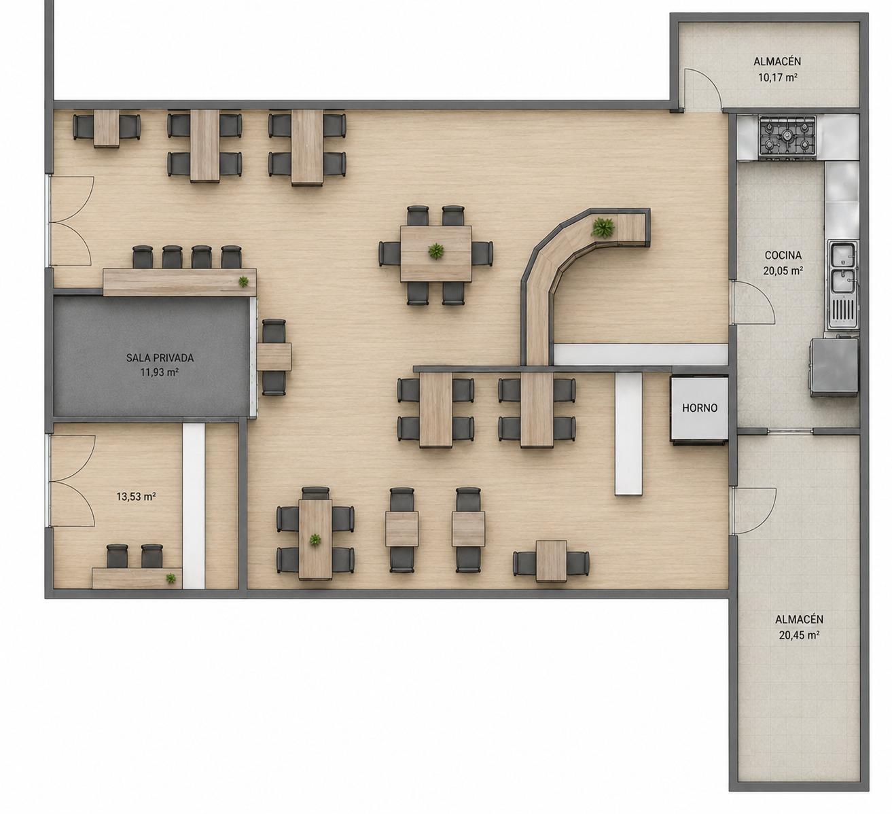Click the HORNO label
[700, 408]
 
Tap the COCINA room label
[783, 255]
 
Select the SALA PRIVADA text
[160, 357]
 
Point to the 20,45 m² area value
[799, 635]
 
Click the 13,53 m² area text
[136, 497]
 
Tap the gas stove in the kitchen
[787, 138]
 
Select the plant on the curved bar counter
[603, 228]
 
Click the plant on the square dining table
[435, 251]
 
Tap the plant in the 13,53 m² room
[171, 578]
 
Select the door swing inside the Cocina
[755, 302]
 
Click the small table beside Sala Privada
[274, 356]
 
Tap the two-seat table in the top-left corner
[106, 128]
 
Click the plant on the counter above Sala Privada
[243, 281]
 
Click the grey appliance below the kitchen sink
[834, 368]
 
